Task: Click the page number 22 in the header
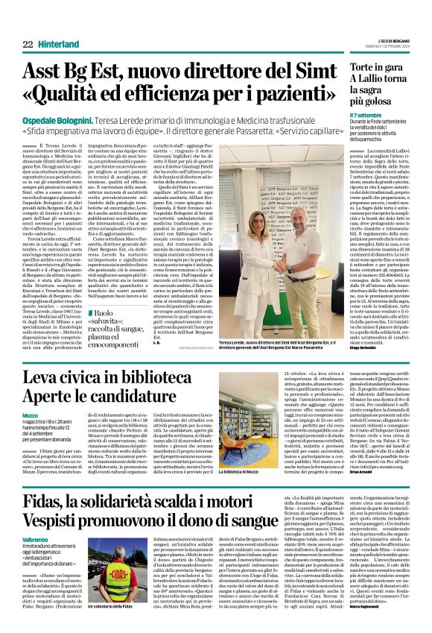[28, 44]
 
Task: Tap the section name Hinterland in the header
[60, 44]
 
